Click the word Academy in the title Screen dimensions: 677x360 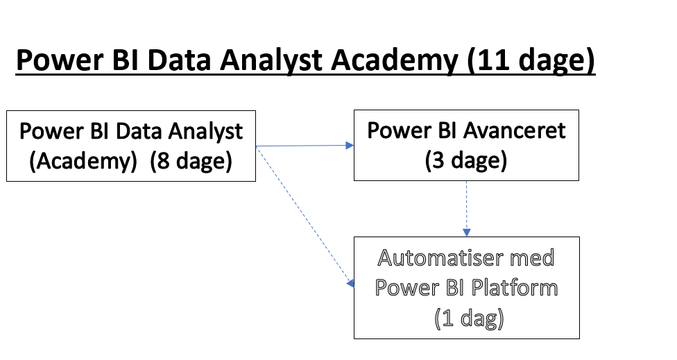[394, 60]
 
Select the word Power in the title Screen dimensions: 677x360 [60, 60]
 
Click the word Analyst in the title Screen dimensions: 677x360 [271, 60]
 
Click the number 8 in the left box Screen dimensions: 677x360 [163, 161]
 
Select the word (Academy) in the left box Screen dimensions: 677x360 [83, 162]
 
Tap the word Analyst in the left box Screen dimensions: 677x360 [205, 132]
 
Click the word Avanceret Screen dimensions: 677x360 [513, 131]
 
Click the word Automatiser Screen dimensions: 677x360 [440, 258]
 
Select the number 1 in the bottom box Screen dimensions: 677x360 [448, 318]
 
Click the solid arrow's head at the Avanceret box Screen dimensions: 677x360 [350, 146]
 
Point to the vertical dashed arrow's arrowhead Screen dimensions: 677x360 [466, 232]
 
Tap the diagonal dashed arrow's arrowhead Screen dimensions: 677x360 [350, 283]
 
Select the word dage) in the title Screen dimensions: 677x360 [556, 60]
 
